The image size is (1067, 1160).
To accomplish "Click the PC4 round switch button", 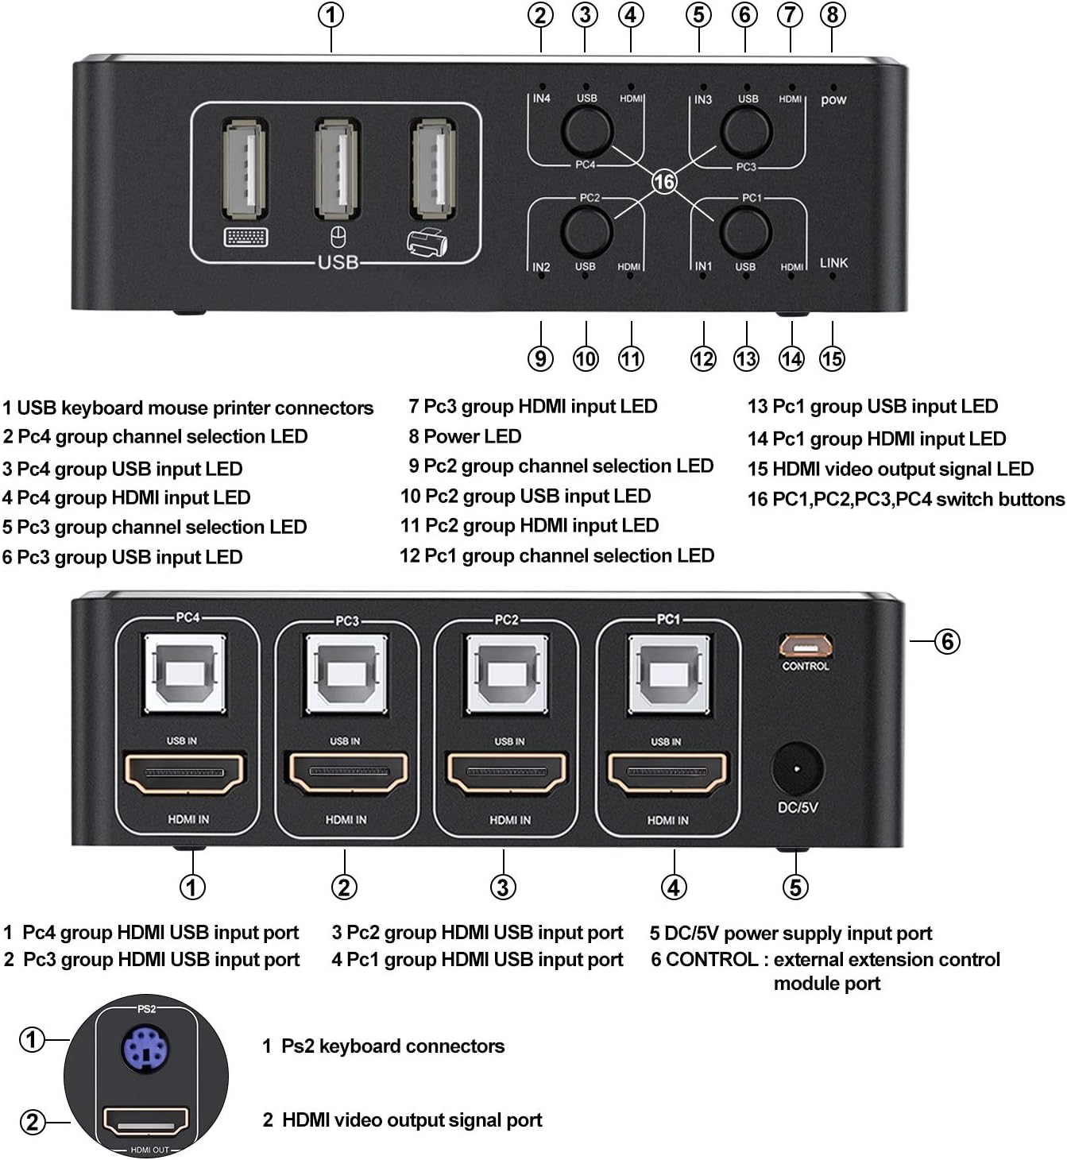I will click(586, 130).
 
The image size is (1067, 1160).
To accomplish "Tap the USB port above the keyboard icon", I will click(244, 169).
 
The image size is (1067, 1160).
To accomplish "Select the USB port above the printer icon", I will click(433, 168).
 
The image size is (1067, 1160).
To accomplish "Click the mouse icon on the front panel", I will click(338, 237).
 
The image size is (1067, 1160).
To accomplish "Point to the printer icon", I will click(428, 242).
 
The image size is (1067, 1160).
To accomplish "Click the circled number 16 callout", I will click(664, 182).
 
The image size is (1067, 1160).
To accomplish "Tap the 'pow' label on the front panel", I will click(833, 100).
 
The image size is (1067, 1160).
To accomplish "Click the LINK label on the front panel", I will click(833, 263).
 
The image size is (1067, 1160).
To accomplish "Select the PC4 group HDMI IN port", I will click(185, 773).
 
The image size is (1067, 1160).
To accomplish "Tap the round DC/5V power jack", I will click(797, 769).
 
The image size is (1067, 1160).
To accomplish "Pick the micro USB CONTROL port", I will click(805, 644).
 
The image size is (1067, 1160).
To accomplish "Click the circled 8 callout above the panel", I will click(832, 15).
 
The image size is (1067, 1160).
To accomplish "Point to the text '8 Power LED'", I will click(465, 436).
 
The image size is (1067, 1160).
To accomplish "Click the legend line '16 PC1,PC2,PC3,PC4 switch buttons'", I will click(905, 499).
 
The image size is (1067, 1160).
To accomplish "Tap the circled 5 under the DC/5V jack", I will click(795, 887).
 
